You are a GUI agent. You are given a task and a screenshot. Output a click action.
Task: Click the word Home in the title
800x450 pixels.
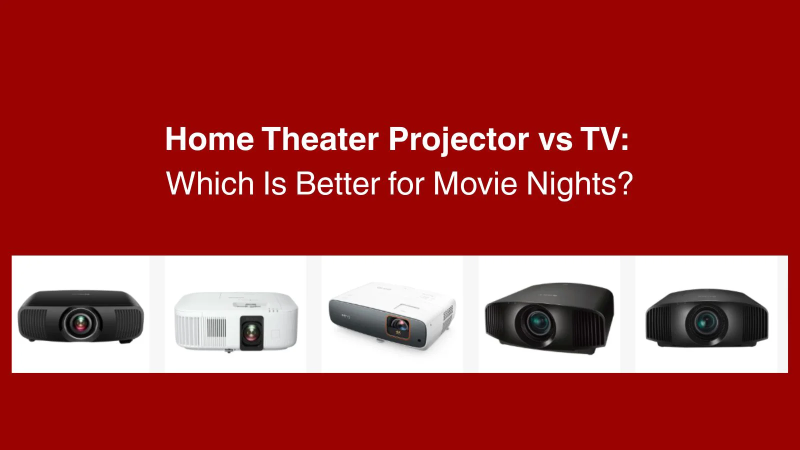point(209,139)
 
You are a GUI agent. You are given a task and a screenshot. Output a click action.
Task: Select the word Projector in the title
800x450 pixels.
point(458,139)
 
